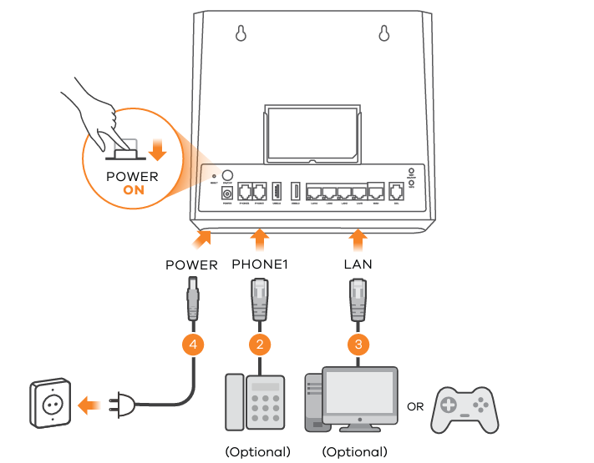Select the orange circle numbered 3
coord(358,342)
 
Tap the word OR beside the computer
coord(414,408)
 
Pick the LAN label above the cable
coord(358,264)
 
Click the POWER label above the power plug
coord(191,265)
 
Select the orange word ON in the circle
coord(132,190)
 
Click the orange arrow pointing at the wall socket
coord(89,406)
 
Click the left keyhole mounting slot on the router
coord(241,33)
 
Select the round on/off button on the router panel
coord(226,176)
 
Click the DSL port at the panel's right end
coord(397,190)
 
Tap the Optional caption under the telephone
coord(257,452)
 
